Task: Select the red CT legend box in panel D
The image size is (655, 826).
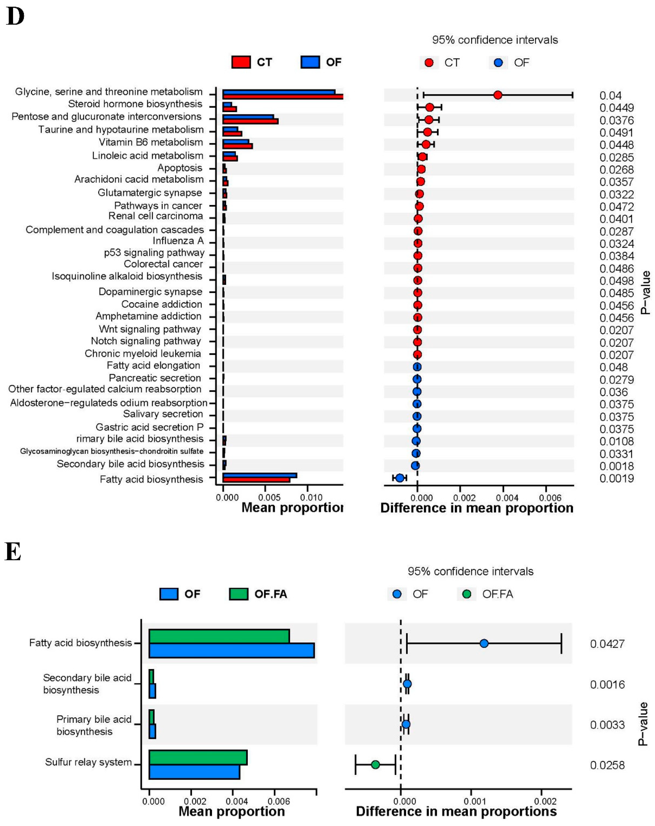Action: click(x=241, y=62)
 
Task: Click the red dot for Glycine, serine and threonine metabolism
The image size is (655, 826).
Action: click(x=498, y=95)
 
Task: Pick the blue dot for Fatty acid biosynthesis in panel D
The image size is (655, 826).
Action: click(x=400, y=478)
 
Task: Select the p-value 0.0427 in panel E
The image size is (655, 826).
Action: click(x=607, y=644)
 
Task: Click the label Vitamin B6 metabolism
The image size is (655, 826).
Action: click(x=151, y=143)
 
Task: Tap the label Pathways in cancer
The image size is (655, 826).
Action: click(x=158, y=206)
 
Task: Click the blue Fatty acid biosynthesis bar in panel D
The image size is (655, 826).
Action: click(x=260, y=475)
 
